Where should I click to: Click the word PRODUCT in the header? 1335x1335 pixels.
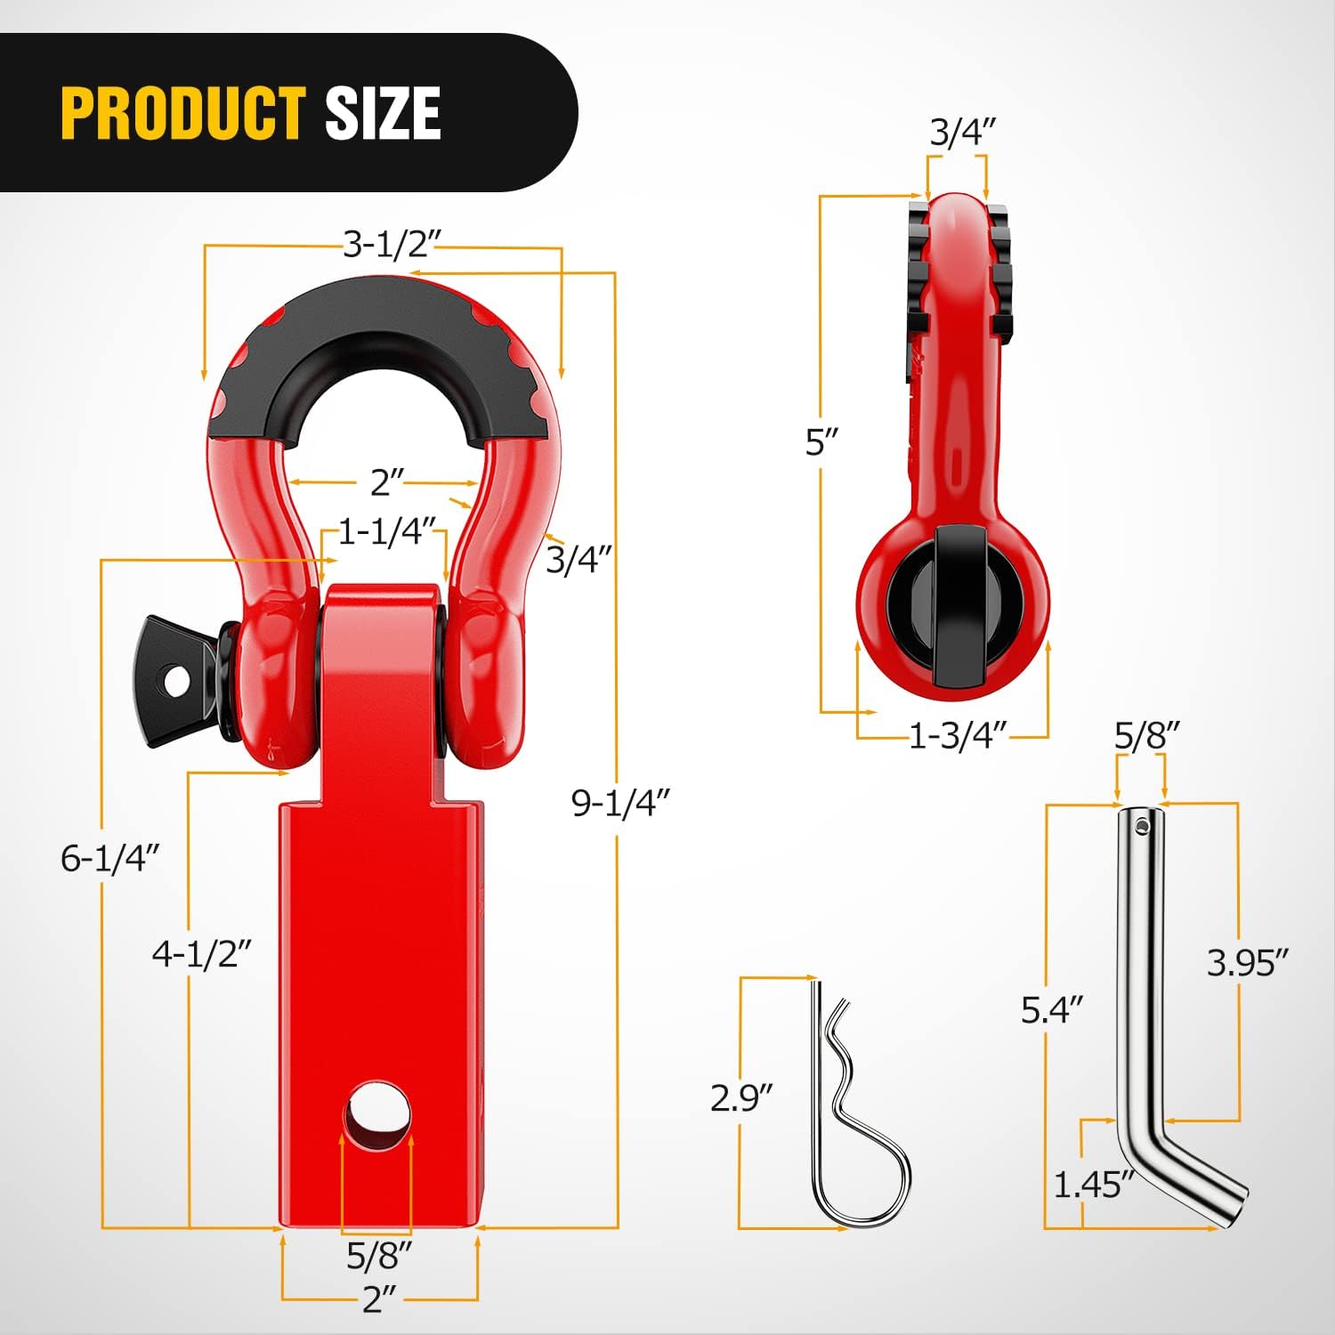(183, 113)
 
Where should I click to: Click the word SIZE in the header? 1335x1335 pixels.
(383, 113)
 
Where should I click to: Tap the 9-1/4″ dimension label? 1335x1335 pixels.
(619, 803)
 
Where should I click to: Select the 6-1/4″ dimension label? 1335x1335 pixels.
(109, 858)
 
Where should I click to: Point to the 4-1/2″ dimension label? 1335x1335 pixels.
(202, 954)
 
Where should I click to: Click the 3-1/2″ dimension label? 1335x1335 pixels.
(392, 243)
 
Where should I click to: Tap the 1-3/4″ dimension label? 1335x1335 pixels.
(958, 736)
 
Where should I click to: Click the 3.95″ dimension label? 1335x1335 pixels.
(1247, 962)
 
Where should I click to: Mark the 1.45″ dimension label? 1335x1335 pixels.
(1094, 1185)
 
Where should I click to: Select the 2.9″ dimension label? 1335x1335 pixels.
(741, 1097)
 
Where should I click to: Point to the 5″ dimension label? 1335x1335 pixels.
(821, 442)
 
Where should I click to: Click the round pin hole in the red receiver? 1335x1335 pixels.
(377, 1115)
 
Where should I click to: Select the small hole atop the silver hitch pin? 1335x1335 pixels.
(1143, 827)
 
